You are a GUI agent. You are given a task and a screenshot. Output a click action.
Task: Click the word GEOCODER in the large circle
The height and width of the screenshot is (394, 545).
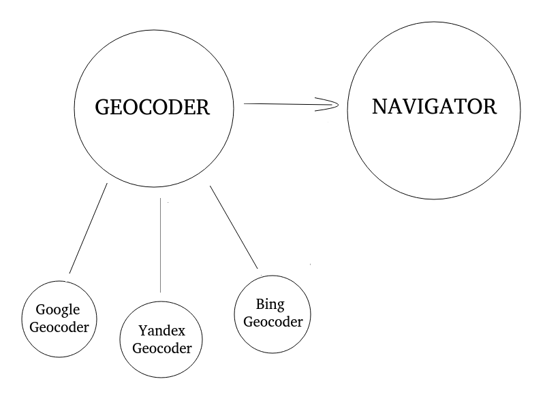click(152, 107)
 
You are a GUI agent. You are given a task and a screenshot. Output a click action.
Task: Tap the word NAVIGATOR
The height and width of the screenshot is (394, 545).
click(434, 107)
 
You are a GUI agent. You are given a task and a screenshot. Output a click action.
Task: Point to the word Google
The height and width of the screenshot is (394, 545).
click(58, 310)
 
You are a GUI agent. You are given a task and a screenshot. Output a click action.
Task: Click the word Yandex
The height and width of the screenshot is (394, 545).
click(161, 331)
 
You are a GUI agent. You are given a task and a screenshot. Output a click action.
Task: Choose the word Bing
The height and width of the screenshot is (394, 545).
click(270, 305)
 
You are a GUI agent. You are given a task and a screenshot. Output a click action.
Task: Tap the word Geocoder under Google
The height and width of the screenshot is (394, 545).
click(59, 327)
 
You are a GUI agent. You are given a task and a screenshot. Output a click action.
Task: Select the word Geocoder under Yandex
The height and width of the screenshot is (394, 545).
click(162, 348)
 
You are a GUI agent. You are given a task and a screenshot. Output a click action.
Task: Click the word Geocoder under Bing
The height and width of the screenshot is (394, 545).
click(273, 322)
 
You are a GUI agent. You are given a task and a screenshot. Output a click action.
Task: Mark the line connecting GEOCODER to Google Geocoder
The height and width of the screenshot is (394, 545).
click(89, 228)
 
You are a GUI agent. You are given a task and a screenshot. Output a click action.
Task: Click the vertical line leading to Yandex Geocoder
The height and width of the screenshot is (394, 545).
click(160, 245)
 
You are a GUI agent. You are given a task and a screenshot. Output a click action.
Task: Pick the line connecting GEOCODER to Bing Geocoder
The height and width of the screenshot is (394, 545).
click(234, 227)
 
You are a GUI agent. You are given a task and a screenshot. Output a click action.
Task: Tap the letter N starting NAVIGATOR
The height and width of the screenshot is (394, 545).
click(379, 107)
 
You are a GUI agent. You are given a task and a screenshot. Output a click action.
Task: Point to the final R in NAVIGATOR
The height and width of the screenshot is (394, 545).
click(490, 107)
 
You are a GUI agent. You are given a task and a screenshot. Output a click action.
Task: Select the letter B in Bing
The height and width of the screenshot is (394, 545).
click(261, 303)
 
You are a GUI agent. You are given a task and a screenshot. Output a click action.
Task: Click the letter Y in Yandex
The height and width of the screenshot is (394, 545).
click(143, 330)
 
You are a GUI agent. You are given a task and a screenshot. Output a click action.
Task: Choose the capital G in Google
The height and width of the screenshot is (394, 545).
click(41, 310)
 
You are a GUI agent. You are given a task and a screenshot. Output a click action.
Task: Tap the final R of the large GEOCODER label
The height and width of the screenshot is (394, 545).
click(203, 108)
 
